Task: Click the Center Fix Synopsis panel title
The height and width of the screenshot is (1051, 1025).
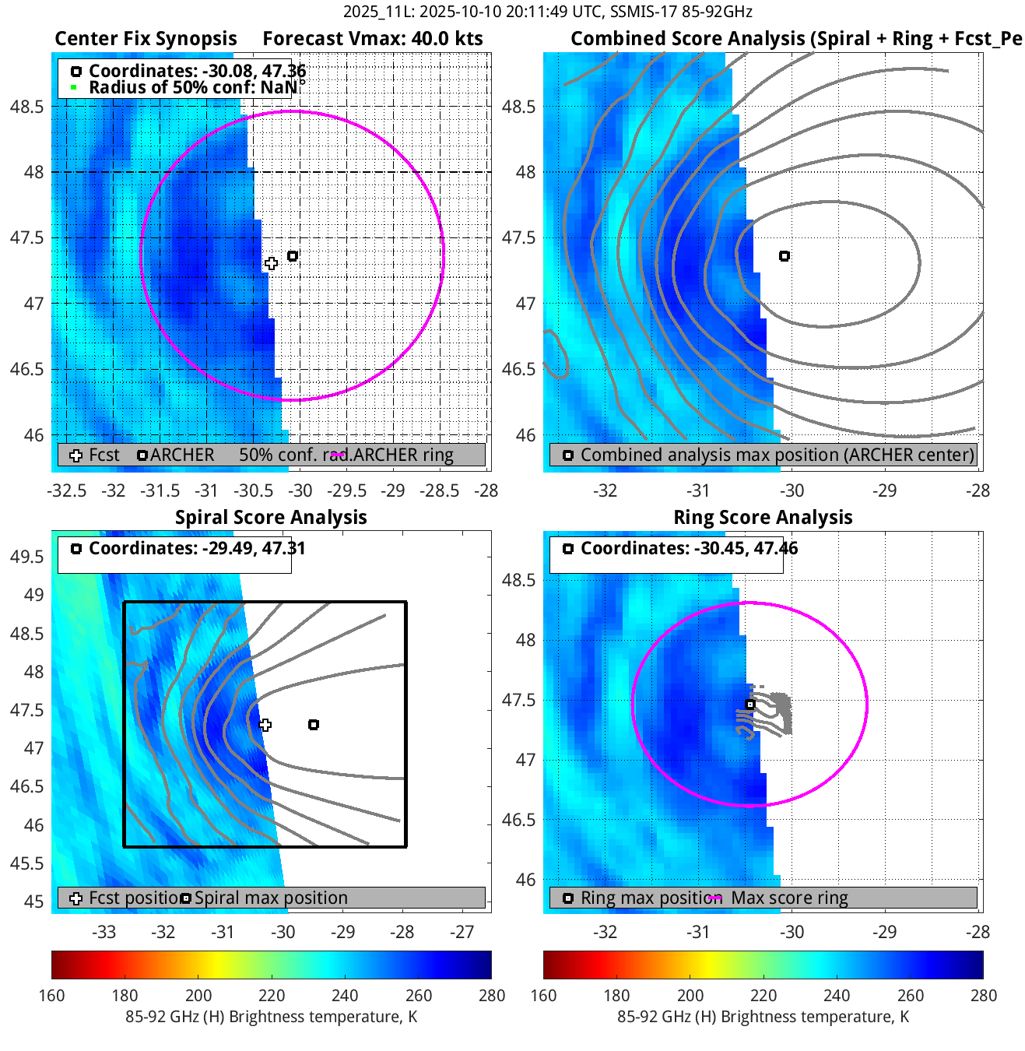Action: pyautogui.click(x=146, y=39)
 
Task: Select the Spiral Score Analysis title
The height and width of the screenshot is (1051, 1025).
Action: pyautogui.click(x=271, y=518)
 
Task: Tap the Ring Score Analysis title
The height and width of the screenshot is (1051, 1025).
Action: pyautogui.click(x=763, y=518)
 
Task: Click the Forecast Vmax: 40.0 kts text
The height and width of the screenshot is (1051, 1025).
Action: pyautogui.click(x=373, y=39)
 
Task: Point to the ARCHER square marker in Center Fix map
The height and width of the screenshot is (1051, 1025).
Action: pyautogui.click(x=293, y=256)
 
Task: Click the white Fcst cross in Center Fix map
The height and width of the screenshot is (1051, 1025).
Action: pyautogui.click(x=271, y=264)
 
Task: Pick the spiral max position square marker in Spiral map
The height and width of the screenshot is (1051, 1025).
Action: pyautogui.click(x=314, y=725)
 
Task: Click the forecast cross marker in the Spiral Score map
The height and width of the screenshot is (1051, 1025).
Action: pyautogui.click(x=265, y=725)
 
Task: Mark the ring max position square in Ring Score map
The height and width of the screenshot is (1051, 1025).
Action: pyautogui.click(x=750, y=705)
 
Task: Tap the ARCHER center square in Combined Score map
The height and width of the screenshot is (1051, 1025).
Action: pyautogui.click(x=785, y=256)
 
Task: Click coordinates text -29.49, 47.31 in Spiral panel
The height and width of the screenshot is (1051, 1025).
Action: pyautogui.click(x=197, y=548)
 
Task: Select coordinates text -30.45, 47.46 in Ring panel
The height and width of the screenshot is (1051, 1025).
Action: pyautogui.click(x=689, y=548)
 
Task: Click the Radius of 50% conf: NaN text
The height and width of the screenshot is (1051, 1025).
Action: pyautogui.click(x=193, y=87)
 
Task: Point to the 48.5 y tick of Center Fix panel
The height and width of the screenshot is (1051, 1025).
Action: pyautogui.click(x=27, y=107)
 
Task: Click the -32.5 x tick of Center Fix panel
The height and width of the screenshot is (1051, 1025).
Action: pyautogui.click(x=67, y=490)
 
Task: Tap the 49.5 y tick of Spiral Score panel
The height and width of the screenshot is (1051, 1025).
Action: pyautogui.click(x=27, y=557)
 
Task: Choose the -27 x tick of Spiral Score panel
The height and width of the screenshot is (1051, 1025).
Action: pyautogui.click(x=462, y=932)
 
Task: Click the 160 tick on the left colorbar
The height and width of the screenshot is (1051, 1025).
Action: pyautogui.click(x=52, y=996)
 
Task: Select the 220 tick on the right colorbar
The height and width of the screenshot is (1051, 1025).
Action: pyautogui.click(x=763, y=996)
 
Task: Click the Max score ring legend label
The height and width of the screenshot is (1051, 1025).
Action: pyautogui.click(x=789, y=898)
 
